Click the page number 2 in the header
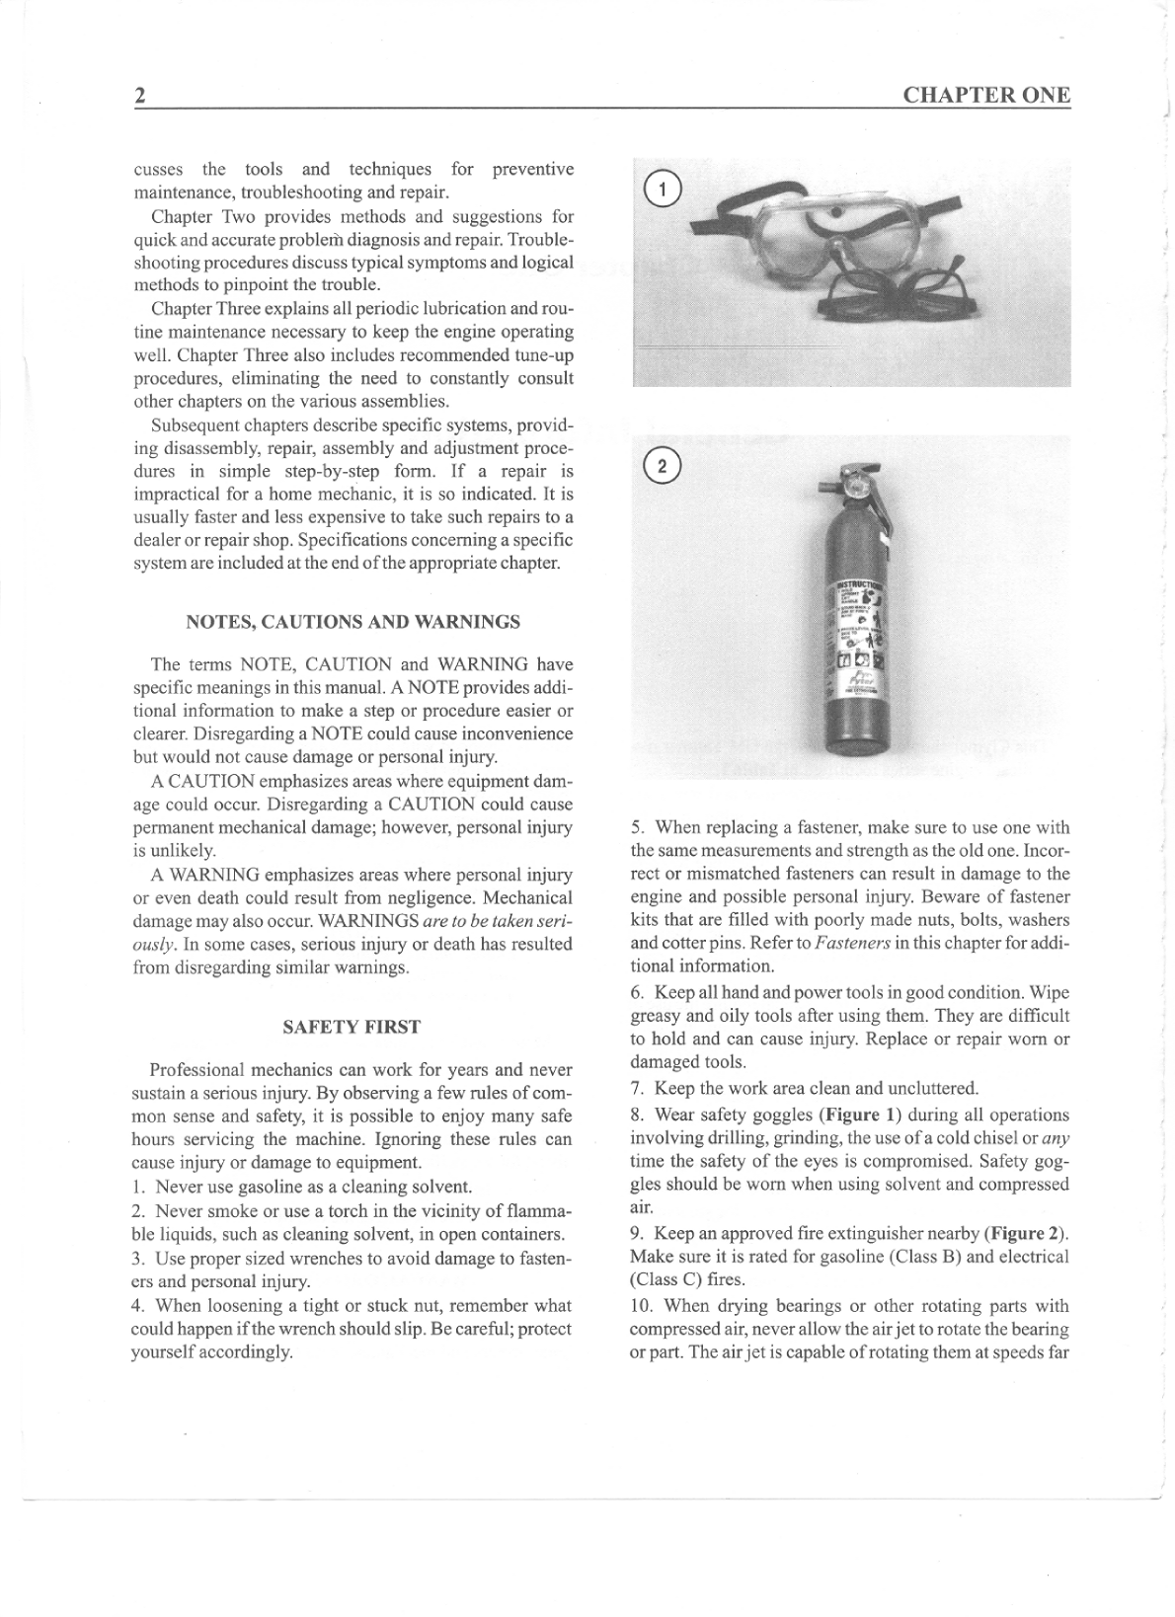[140, 96]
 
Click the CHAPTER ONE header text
[985, 95]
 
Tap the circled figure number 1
[662, 188]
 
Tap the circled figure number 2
[662, 465]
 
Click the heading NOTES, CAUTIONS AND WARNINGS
[352, 622]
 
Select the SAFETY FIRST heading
[352, 1027]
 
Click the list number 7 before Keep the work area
[637, 1089]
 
